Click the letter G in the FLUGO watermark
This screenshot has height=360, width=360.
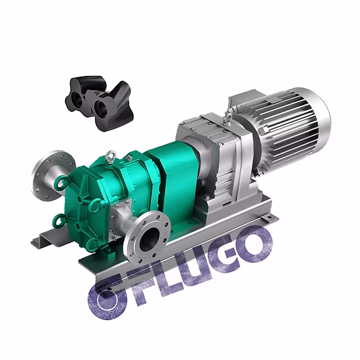(x=228, y=254)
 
